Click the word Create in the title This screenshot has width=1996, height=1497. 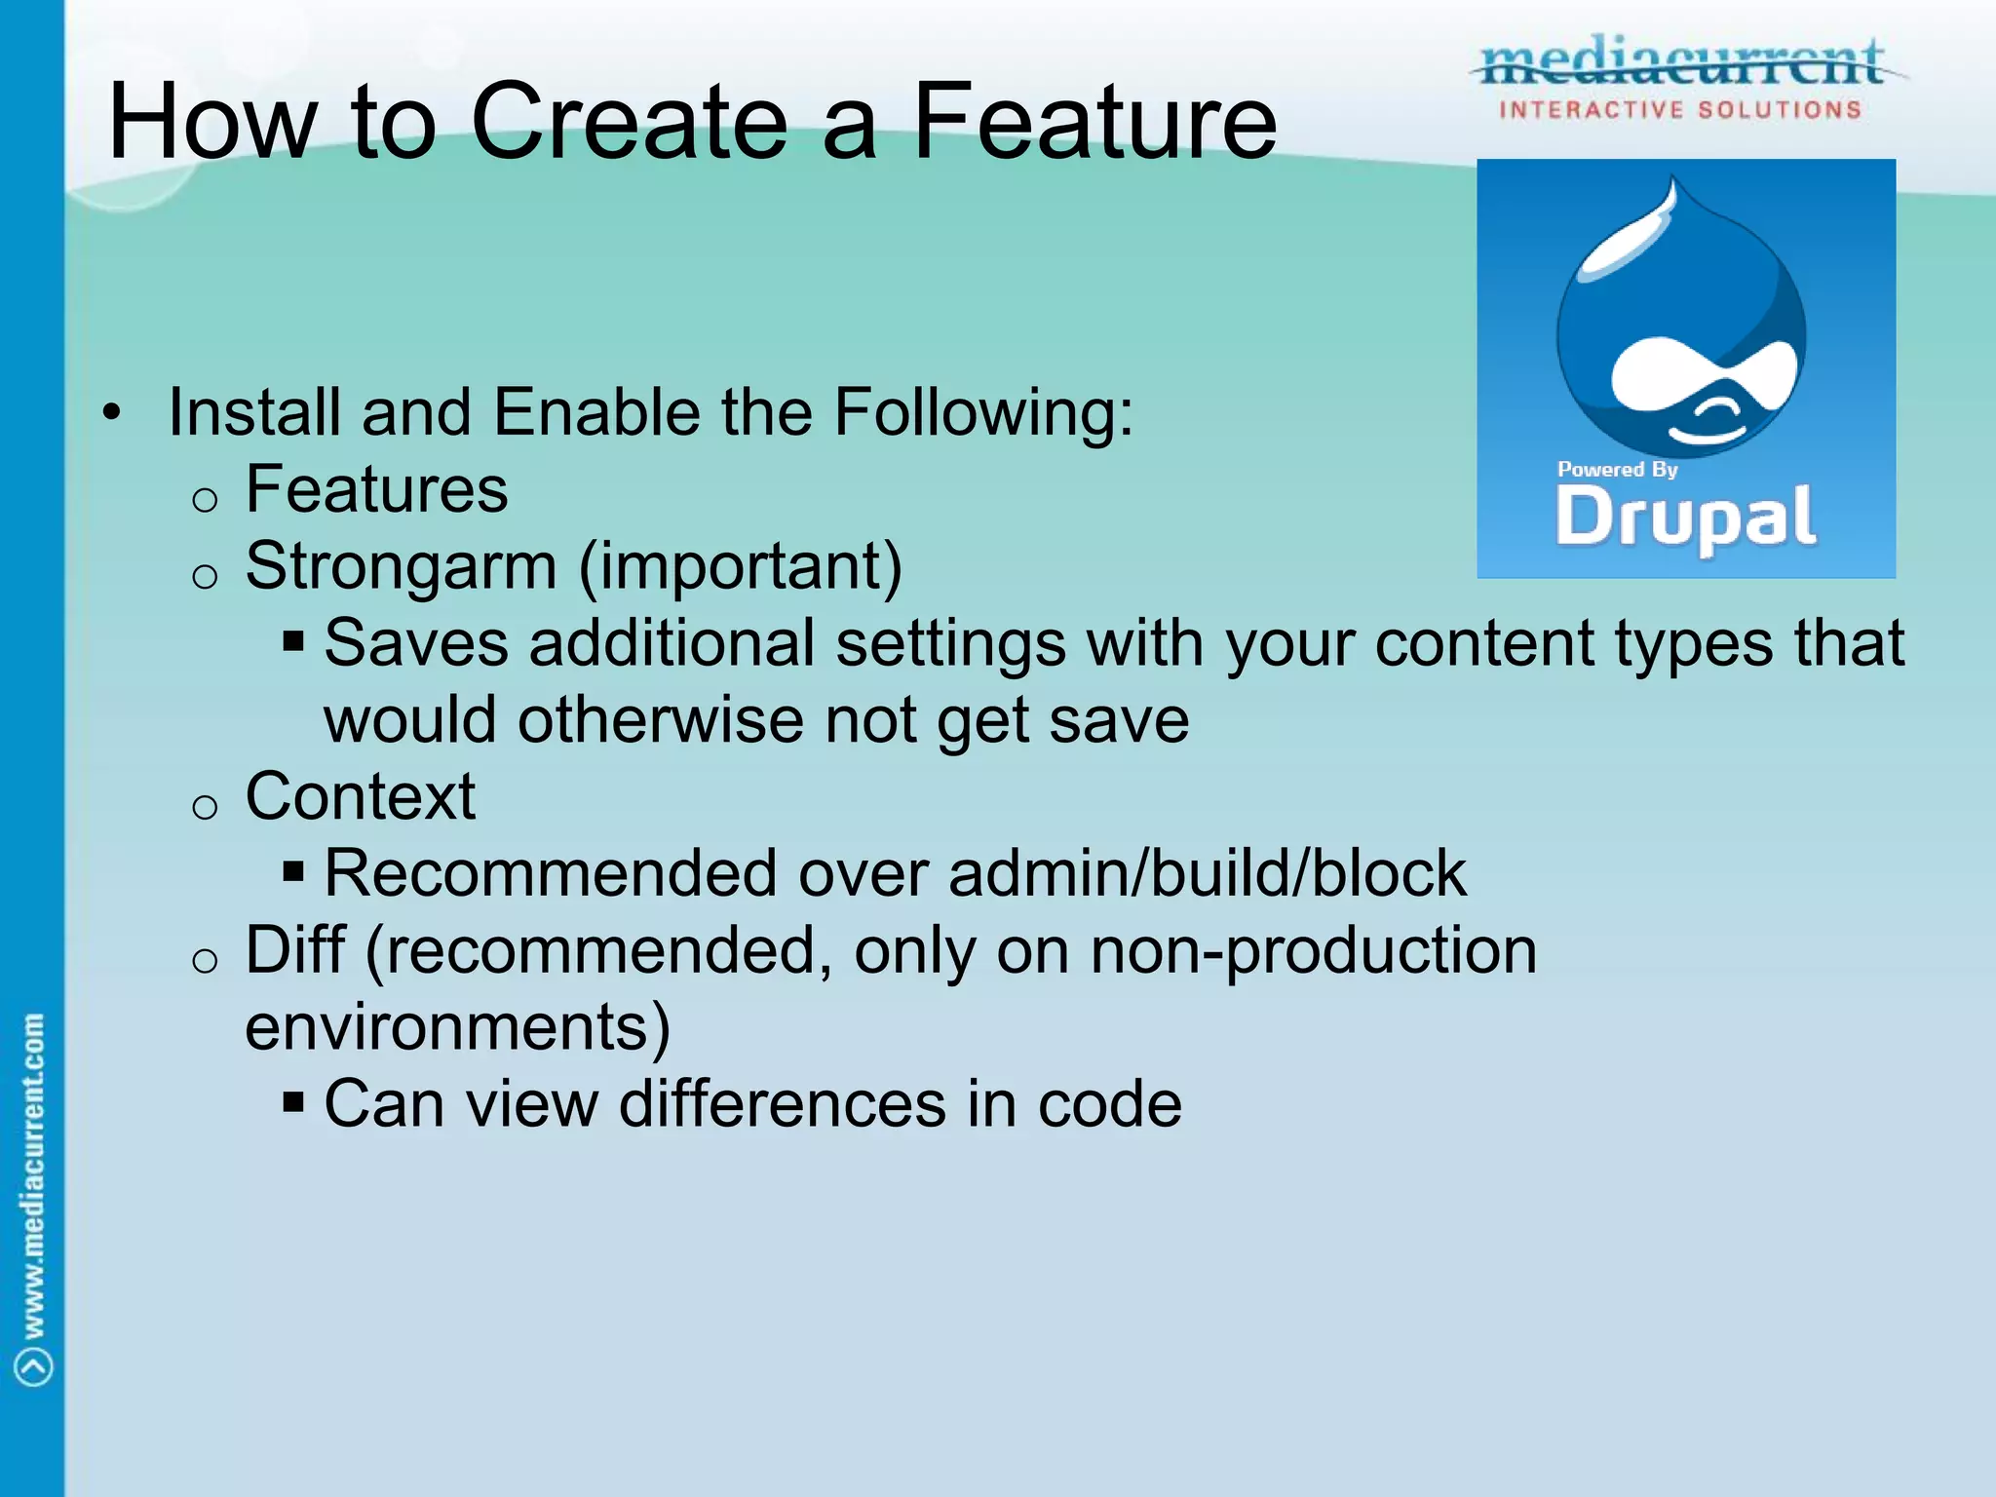pyautogui.click(x=629, y=122)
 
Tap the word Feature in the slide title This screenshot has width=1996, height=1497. pyautogui.click(x=1094, y=122)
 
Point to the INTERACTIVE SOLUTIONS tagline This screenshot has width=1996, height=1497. pyautogui.click(x=1680, y=110)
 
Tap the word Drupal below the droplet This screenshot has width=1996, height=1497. pyautogui.click(x=1685, y=518)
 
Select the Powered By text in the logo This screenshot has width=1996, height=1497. pyautogui.click(x=1617, y=470)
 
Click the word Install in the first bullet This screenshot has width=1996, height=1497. pyautogui.click(x=253, y=412)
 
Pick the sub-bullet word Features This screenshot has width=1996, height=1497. pyautogui.click(x=376, y=489)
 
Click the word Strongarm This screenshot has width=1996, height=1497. pyautogui.click(x=401, y=566)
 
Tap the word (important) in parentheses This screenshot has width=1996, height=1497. pyautogui.click(x=741, y=566)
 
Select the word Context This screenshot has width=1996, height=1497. pyautogui.click(x=360, y=796)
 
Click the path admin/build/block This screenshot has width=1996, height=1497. pyautogui.click(x=1207, y=873)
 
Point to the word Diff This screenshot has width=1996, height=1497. pyautogui.click(x=294, y=950)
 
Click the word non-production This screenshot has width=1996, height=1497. pyautogui.click(x=1313, y=950)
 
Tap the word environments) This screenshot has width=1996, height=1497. pyautogui.click(x=457, y=1027)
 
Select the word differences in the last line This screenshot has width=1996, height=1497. pyautogui.click(x=783, y=1104)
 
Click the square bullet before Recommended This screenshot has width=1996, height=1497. pyautogui.click(x=293, y=870)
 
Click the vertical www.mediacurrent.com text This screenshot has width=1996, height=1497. pyautogui.click(x=33, y=1175)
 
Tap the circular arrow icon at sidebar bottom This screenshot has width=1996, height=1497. pyautogui.click(x=34, y=1365)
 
